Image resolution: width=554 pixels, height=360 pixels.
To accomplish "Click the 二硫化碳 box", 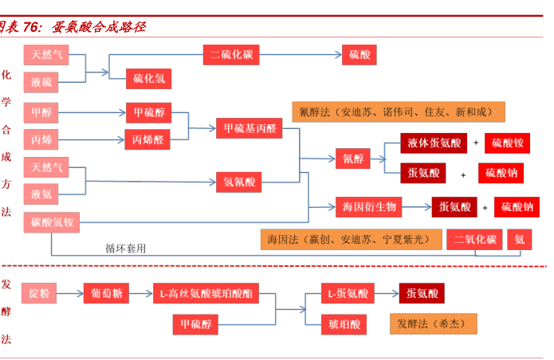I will (231, 55).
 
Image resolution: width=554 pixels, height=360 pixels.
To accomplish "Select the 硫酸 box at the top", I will (358, 55).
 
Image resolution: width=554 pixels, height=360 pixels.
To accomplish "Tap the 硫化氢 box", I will (147, 79).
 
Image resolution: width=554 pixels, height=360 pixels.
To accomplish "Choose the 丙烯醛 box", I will (147, 139).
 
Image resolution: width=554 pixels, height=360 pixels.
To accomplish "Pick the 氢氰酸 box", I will (238, 182).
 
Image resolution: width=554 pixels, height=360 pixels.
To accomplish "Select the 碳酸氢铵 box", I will (52, 222).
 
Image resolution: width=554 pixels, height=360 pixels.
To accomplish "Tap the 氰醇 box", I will (352, 158).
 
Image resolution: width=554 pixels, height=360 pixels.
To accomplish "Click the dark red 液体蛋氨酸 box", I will (434, 143).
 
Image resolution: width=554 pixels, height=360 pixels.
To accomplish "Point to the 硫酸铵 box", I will (506, 143).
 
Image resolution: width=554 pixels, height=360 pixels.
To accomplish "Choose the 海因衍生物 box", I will (369, 207).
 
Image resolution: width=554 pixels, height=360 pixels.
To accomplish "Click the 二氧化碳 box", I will (475, 240).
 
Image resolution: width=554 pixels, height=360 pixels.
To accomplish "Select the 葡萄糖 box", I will (106, 293).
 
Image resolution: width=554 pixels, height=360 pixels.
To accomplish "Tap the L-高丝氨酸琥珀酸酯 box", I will (206, 293).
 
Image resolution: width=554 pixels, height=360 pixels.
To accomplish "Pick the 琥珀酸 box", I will (344, 323).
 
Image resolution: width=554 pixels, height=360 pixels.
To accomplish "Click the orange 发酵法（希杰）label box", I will (434, 323).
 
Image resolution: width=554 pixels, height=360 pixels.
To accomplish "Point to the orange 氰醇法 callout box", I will (391, 112).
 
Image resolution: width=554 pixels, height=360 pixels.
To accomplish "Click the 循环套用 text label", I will (126, 248).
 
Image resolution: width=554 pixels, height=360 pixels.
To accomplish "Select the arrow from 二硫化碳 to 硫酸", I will (303, 55).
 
